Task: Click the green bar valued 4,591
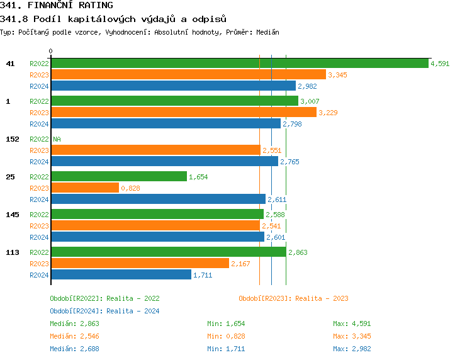click(239, 64)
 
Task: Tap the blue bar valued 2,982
click(173, 86)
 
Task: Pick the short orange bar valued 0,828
click(84, 188)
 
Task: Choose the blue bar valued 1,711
click(121, 275)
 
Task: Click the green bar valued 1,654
click(118, 177)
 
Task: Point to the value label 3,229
click(328, 113)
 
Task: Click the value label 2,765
click(289, 162)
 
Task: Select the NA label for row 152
click(57, 139)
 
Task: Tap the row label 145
click(12, 215)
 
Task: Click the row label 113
click(12, 252)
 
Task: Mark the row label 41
click(10, 64)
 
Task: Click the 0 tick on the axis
click(50, 52)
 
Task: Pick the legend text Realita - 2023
click(322, 298)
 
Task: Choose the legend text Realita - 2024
click(133, 311)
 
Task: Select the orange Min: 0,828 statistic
click(227, 336)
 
